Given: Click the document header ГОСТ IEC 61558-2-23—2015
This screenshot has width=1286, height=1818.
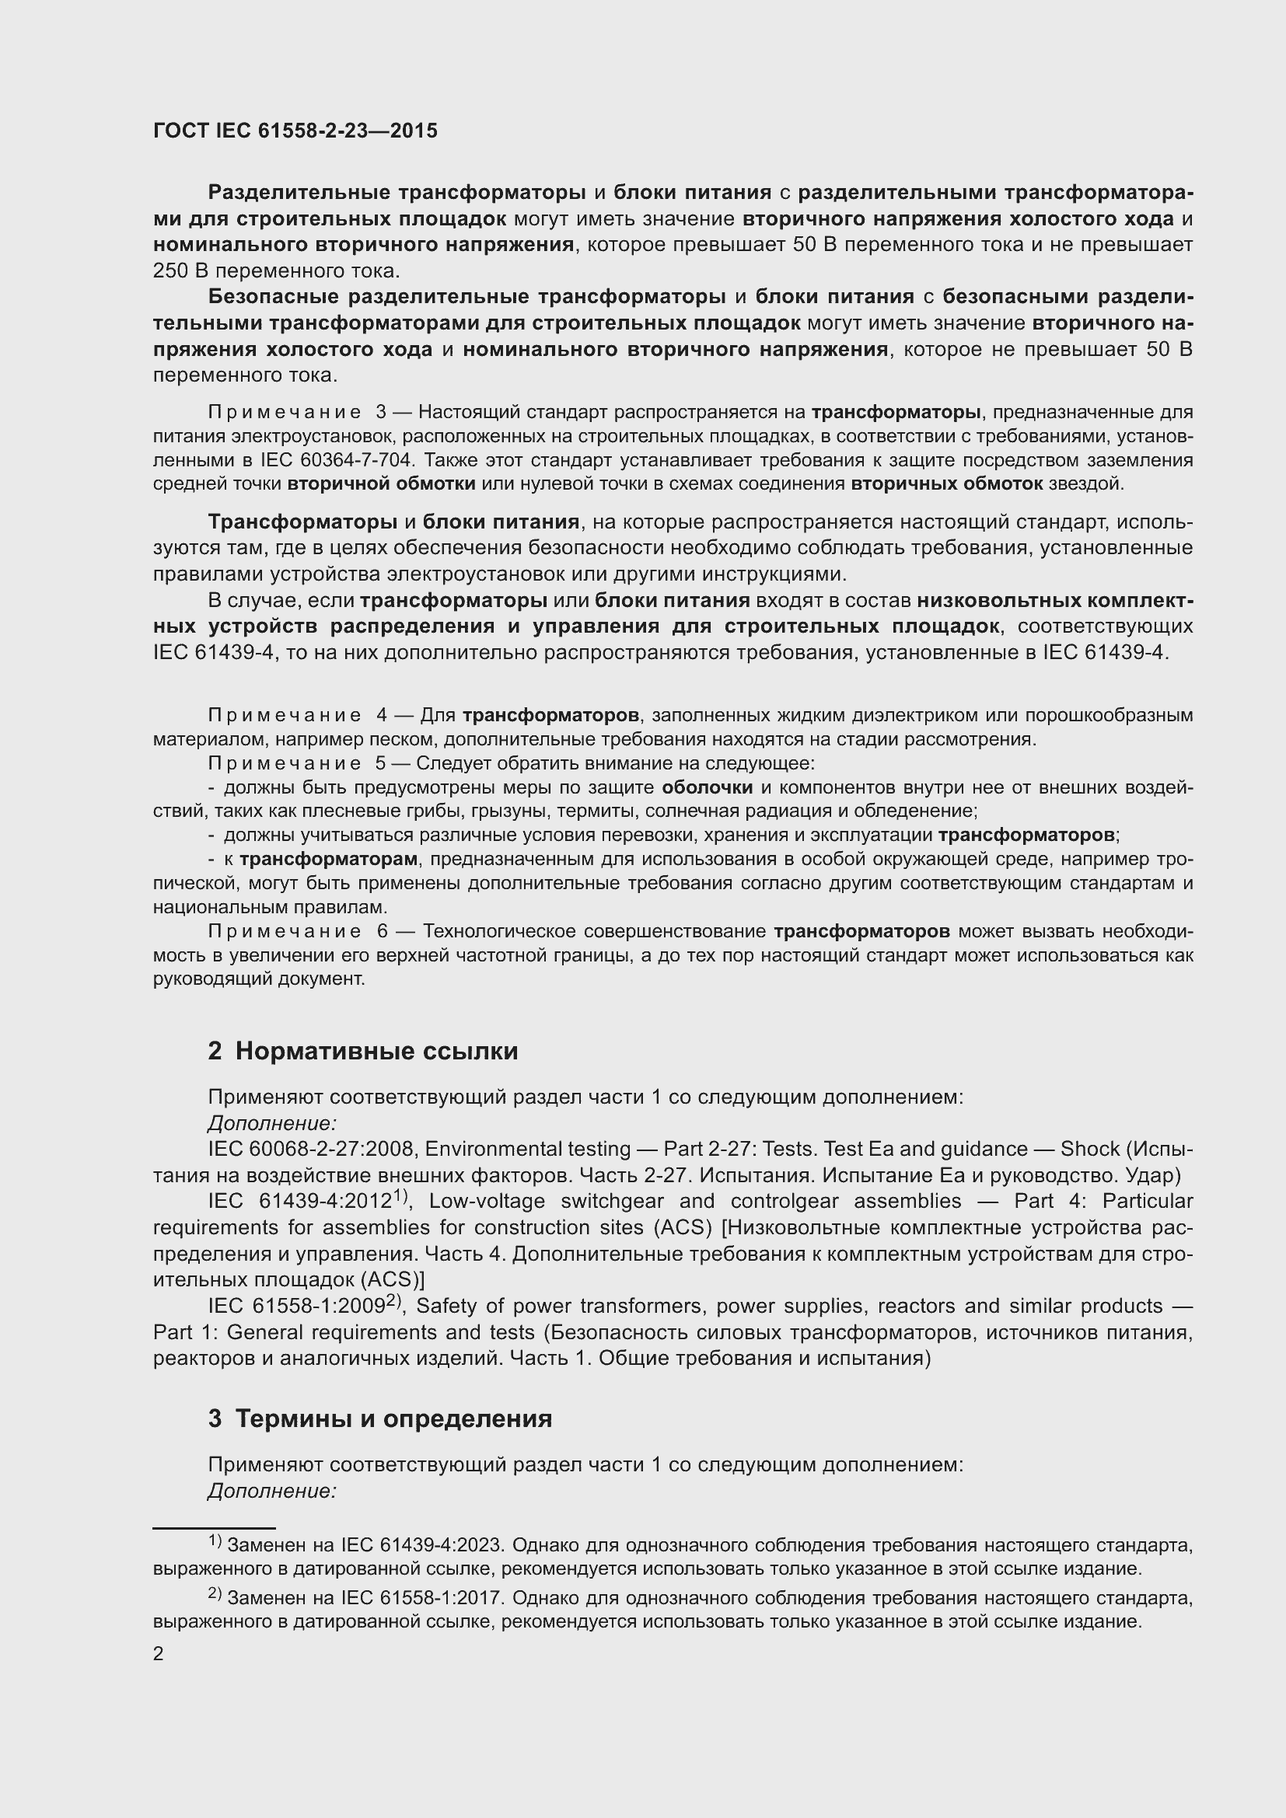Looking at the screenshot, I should (x=295, y=131).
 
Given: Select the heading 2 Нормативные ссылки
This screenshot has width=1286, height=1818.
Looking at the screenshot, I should (x=362, y=1051).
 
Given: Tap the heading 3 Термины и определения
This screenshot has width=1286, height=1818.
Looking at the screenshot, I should (x=380, y=1418).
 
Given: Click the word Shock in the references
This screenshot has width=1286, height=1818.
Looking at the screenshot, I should (x=1090, y=1149).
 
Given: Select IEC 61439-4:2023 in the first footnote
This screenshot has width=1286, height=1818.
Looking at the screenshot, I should (x=421, y=1545).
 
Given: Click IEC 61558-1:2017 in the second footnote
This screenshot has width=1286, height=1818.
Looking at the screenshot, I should (x=421, y=1598).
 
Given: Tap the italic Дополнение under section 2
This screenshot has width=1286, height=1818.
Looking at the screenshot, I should (x=272, y=1123).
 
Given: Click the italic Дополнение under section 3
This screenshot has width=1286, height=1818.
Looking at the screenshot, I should (x=272, y=1490).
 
